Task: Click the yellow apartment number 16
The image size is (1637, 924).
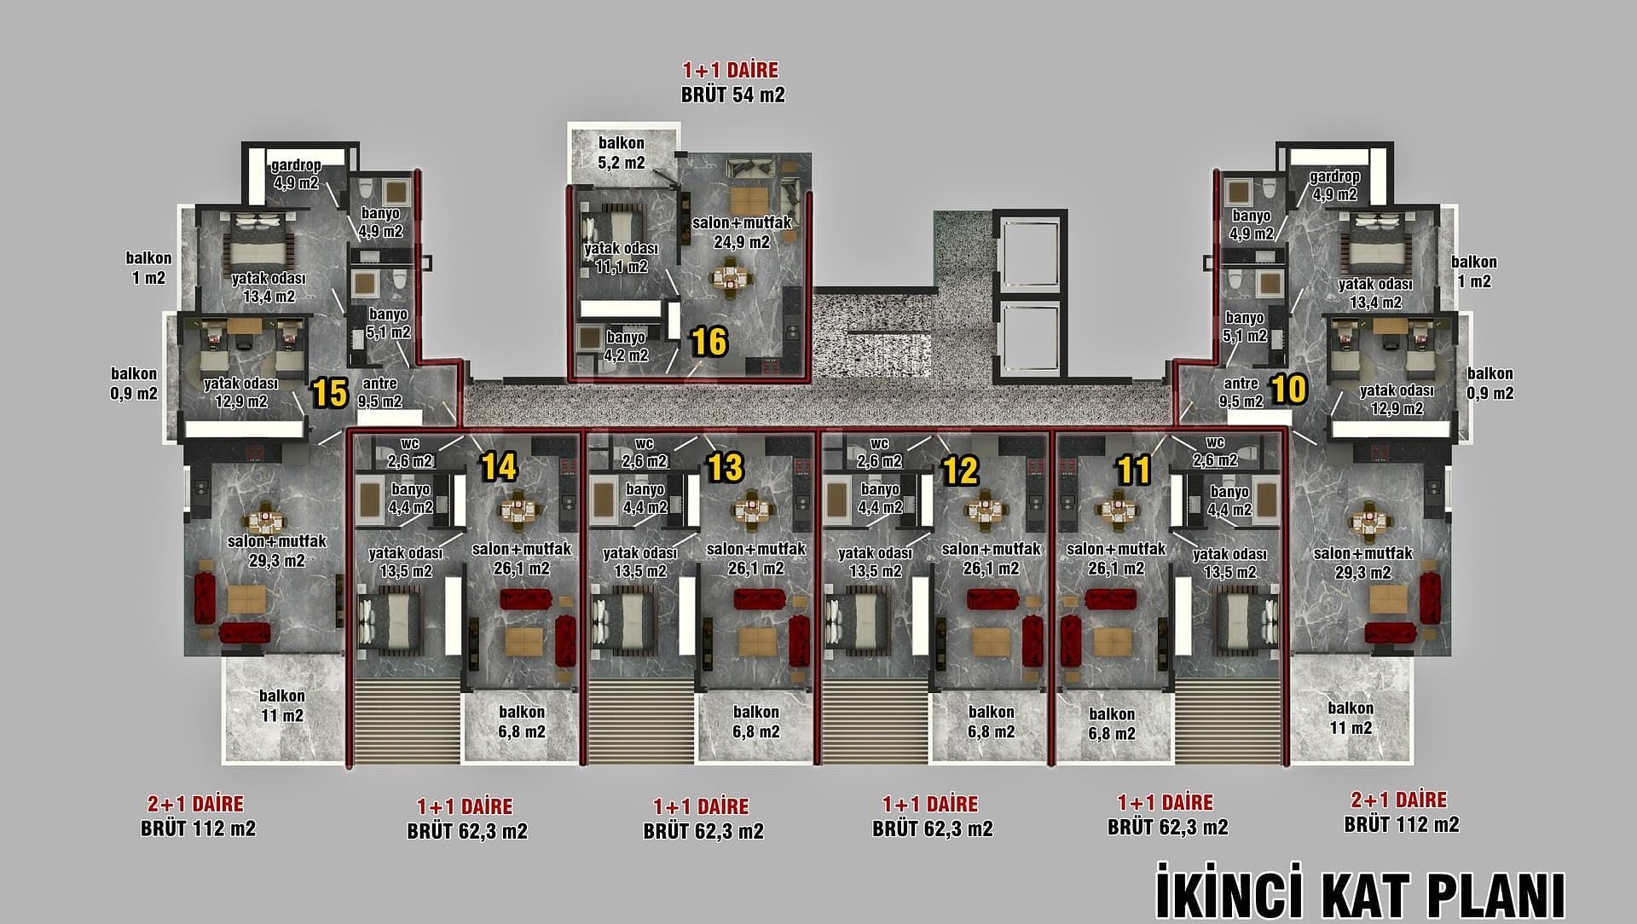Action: click(709, 342)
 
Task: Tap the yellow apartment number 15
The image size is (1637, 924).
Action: click(330, 393)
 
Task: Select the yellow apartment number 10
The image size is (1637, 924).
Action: click(1288, 390)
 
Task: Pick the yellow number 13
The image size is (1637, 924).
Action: click(726, 467)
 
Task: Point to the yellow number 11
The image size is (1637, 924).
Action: click(1134, 470)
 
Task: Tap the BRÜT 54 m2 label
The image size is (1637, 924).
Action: click(732, 95)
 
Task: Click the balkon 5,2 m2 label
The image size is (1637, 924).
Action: click(622, 153)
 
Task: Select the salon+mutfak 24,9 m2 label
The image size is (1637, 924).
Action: click(742, 232)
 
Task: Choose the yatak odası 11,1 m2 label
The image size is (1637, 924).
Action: click(621, 257)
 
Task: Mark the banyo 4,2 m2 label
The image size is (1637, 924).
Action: click(626, 346)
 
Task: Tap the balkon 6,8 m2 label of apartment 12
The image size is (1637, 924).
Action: click(991, 721)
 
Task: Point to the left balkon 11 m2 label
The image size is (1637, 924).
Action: click(281, 706)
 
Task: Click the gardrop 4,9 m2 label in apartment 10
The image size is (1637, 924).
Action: click(1334, 185)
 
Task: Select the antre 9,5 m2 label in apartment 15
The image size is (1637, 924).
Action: click(379, 392)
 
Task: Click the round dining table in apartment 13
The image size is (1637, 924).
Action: click(750, 510)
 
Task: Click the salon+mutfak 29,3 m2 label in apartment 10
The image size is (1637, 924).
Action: click(1362, 563)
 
